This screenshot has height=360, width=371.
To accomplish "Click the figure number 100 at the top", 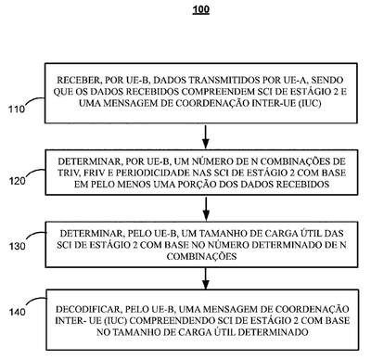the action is (201, 9).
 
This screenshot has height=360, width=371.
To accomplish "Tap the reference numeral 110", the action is (17, 109).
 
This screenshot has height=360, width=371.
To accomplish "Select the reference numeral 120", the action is (17, 181).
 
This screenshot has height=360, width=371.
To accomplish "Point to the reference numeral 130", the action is (17, 247).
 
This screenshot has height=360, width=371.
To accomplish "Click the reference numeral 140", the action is (17, 312).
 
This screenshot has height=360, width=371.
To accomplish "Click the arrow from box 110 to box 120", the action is (206, 136).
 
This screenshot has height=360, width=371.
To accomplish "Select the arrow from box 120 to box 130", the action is (206, 209).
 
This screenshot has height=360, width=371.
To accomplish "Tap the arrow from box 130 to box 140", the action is (206, 278).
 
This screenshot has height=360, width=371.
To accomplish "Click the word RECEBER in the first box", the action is (77, 81).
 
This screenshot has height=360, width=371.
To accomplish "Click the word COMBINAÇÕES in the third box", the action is (201, 256).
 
